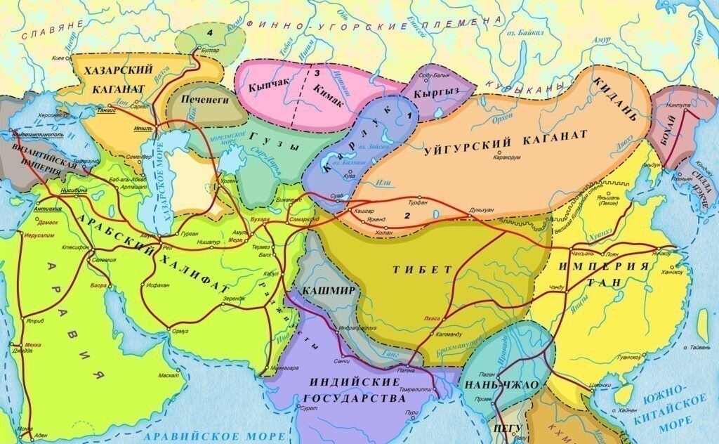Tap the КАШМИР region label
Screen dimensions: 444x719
tap(323, 290)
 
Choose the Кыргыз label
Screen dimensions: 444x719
tap(437, 93)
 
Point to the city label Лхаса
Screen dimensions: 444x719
tap(432, 318)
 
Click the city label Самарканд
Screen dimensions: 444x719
tap(307, 218)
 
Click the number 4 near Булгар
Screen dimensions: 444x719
tap(209, 33)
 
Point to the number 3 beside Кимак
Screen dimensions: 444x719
tap(317, 72)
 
